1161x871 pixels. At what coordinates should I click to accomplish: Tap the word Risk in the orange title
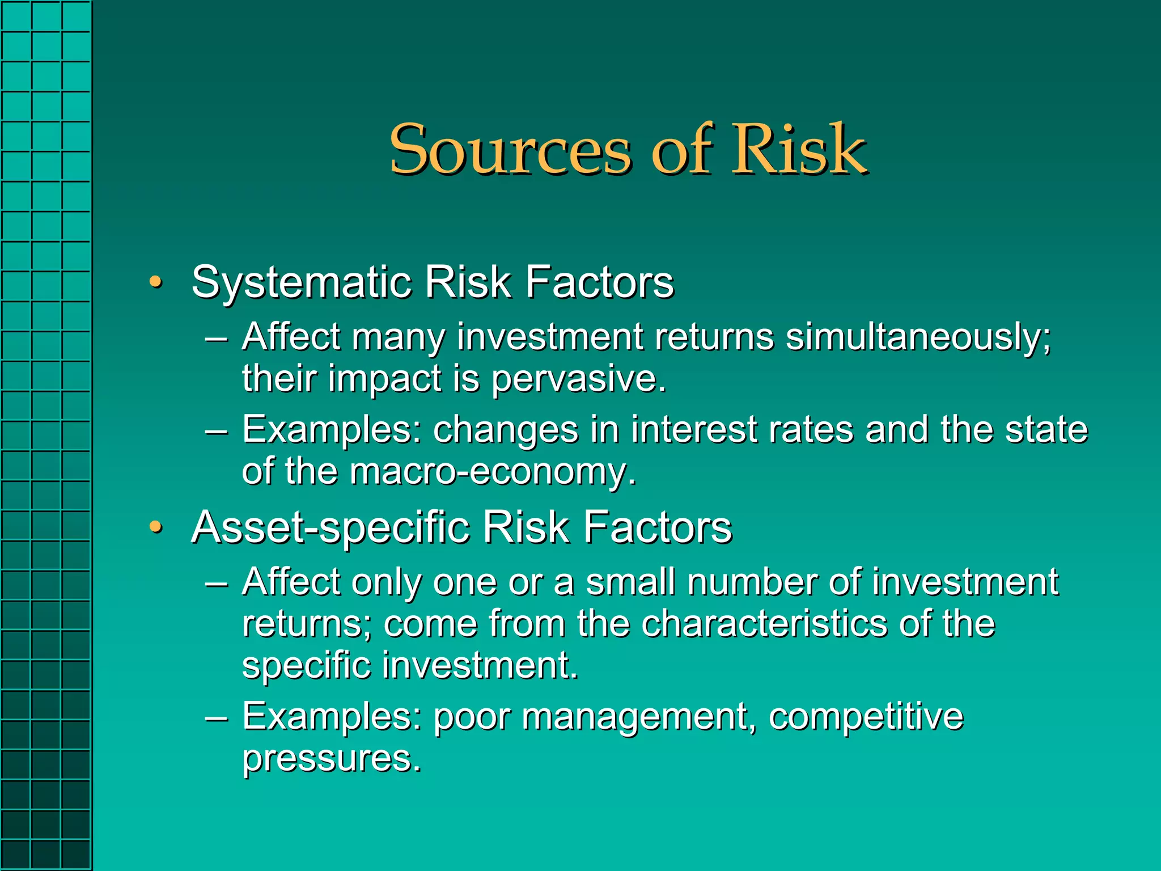tap(799, 149)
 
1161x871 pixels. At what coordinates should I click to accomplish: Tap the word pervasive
tap(578, 379)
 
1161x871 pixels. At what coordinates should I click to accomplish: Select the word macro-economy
tap(493, 472)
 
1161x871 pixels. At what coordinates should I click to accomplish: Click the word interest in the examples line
tap(694, 430)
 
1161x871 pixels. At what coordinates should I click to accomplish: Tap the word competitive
tap(866, 716)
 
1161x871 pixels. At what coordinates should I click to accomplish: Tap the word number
tap(752, 582)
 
